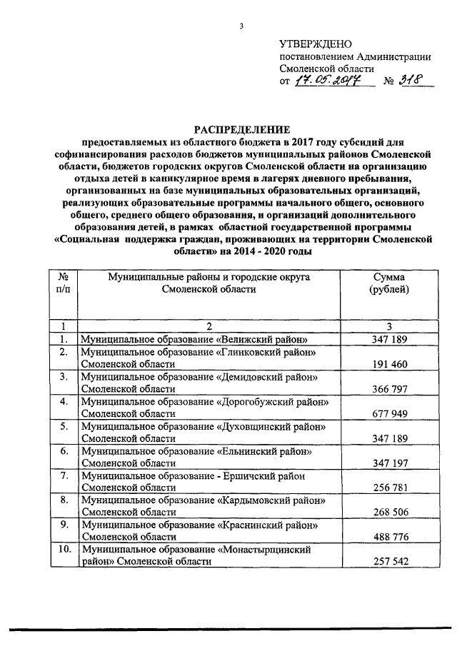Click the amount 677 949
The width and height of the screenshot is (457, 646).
(x=389, y=413)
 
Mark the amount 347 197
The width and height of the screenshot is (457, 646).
(x=389, y=463)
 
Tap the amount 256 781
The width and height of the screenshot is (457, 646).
(x=389, y=488)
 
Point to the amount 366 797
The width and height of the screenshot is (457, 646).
(x=389, y=389)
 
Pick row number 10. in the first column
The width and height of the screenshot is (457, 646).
(x=64, y=550)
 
